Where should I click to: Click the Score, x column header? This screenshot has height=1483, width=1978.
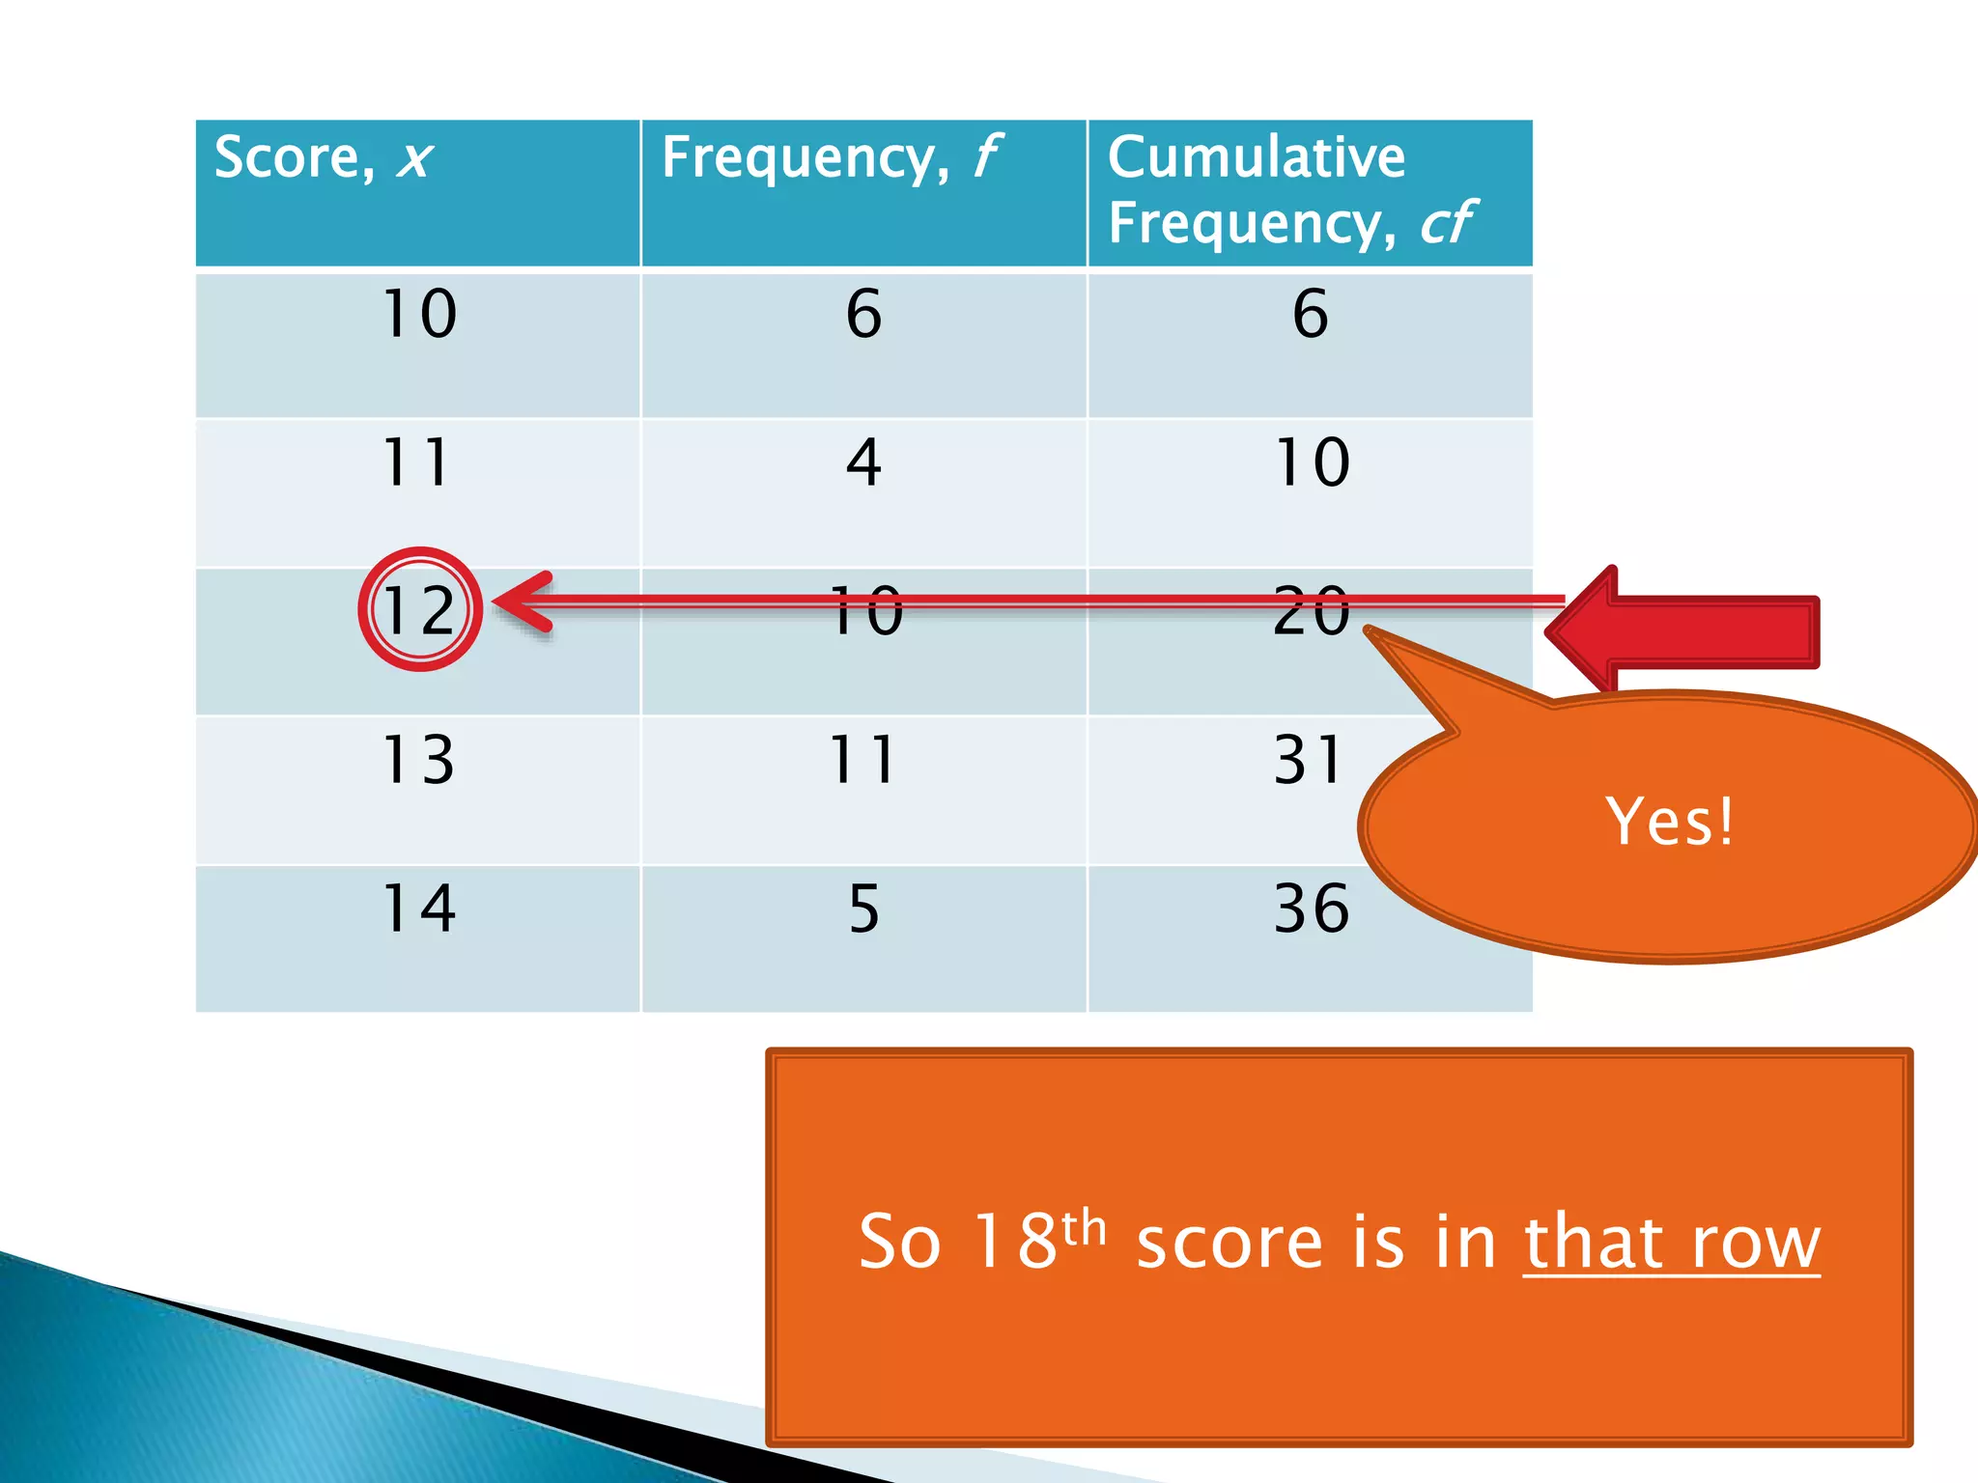[x=324, y=157]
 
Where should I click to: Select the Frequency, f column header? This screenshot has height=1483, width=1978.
[x=831, y=157]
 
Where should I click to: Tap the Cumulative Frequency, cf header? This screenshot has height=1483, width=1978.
[x=1289, y=190]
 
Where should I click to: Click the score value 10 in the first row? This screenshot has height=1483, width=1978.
[x=419, y=314]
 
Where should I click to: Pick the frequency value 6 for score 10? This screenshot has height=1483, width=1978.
[x=863, y=314]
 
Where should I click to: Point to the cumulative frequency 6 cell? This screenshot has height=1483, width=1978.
[x=1310, y=314]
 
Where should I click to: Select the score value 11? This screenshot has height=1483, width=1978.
[x=417, y=462]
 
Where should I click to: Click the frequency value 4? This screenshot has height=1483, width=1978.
[x=863, y=462]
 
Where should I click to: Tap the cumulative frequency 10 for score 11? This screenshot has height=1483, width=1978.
[x=1312, y=462]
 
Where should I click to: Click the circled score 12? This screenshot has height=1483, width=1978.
[x=419, y=610]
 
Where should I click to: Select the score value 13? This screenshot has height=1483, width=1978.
[x=418, y=760]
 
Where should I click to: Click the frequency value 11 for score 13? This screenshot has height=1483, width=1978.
[x=863, y=760]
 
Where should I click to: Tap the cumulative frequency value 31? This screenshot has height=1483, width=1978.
[x=1309, y=760]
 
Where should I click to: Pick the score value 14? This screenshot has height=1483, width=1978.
[x=419, y=909]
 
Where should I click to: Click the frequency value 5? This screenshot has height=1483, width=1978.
[x=863, y=909]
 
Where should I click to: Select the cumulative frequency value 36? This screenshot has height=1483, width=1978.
[x=1311, y=909]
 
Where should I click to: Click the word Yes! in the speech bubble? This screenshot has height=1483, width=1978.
[x=1670, y=823]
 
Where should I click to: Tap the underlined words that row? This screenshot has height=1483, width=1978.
[x=1672, y=1243]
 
